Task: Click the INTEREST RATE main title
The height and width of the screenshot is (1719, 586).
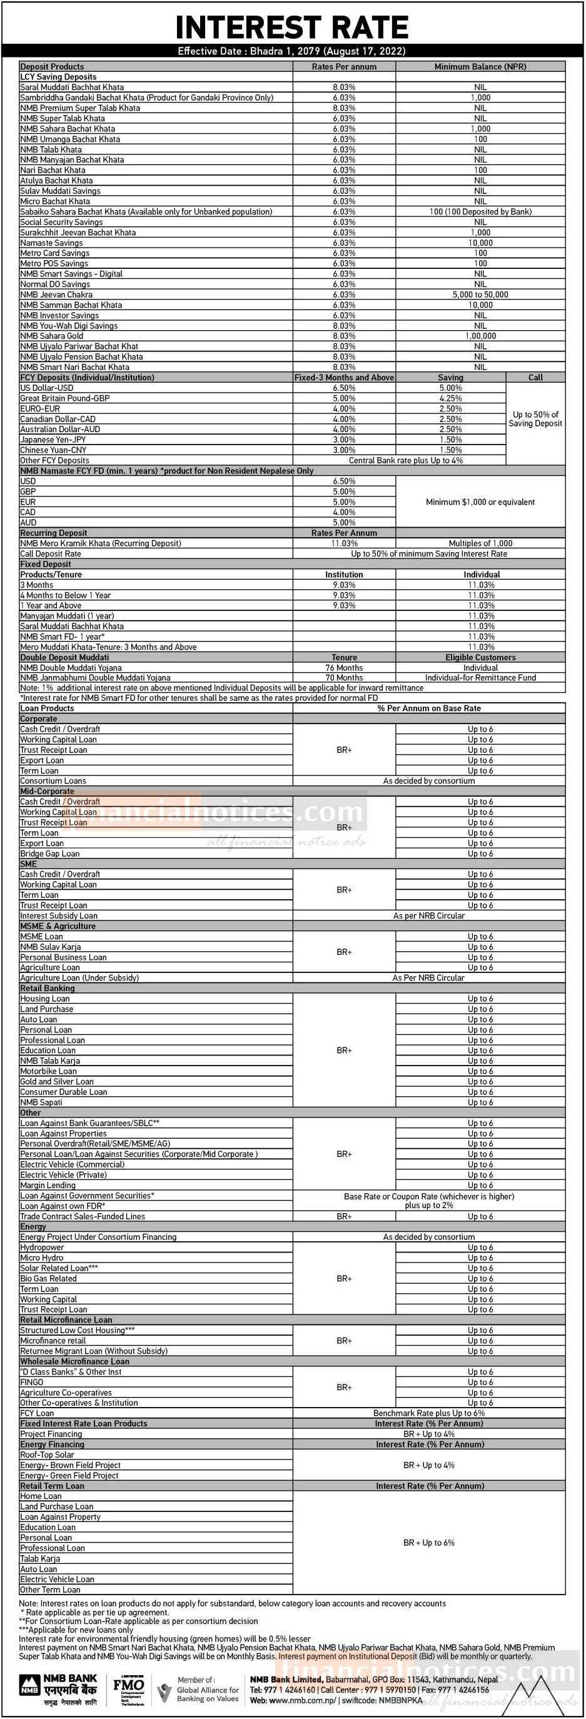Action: (x=291, y=28)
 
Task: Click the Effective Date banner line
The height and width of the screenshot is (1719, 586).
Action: (x=291, y=51)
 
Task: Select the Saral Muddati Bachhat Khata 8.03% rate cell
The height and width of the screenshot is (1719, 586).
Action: (x=344, y=88)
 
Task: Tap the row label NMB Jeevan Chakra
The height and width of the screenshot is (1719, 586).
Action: (x=56, y=295)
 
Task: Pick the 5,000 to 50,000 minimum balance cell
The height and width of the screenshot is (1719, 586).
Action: (x=480, y=295)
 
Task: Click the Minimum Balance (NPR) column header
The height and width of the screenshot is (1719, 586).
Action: (x=480, y=67)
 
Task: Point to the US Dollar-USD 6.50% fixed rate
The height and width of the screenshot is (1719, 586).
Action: (x=344, y=388)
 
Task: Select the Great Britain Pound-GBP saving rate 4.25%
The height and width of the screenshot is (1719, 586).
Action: (x=450, y=398)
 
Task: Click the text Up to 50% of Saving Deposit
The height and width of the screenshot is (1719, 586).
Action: (x=535, y=419)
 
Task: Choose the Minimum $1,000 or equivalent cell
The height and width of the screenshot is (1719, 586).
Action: (x=480, y=503)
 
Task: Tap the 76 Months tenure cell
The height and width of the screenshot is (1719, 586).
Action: (x=344, y=668)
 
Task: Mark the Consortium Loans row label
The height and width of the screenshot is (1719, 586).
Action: (x=53, y=782)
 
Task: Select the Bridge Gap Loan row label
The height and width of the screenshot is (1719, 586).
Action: (x=49, y=854)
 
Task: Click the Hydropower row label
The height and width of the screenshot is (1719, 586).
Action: (x=42, y=1248)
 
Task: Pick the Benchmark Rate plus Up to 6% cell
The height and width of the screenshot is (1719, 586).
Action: (x=428, y=1413)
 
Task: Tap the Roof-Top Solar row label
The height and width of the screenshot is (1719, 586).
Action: (x=47, y=1454)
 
